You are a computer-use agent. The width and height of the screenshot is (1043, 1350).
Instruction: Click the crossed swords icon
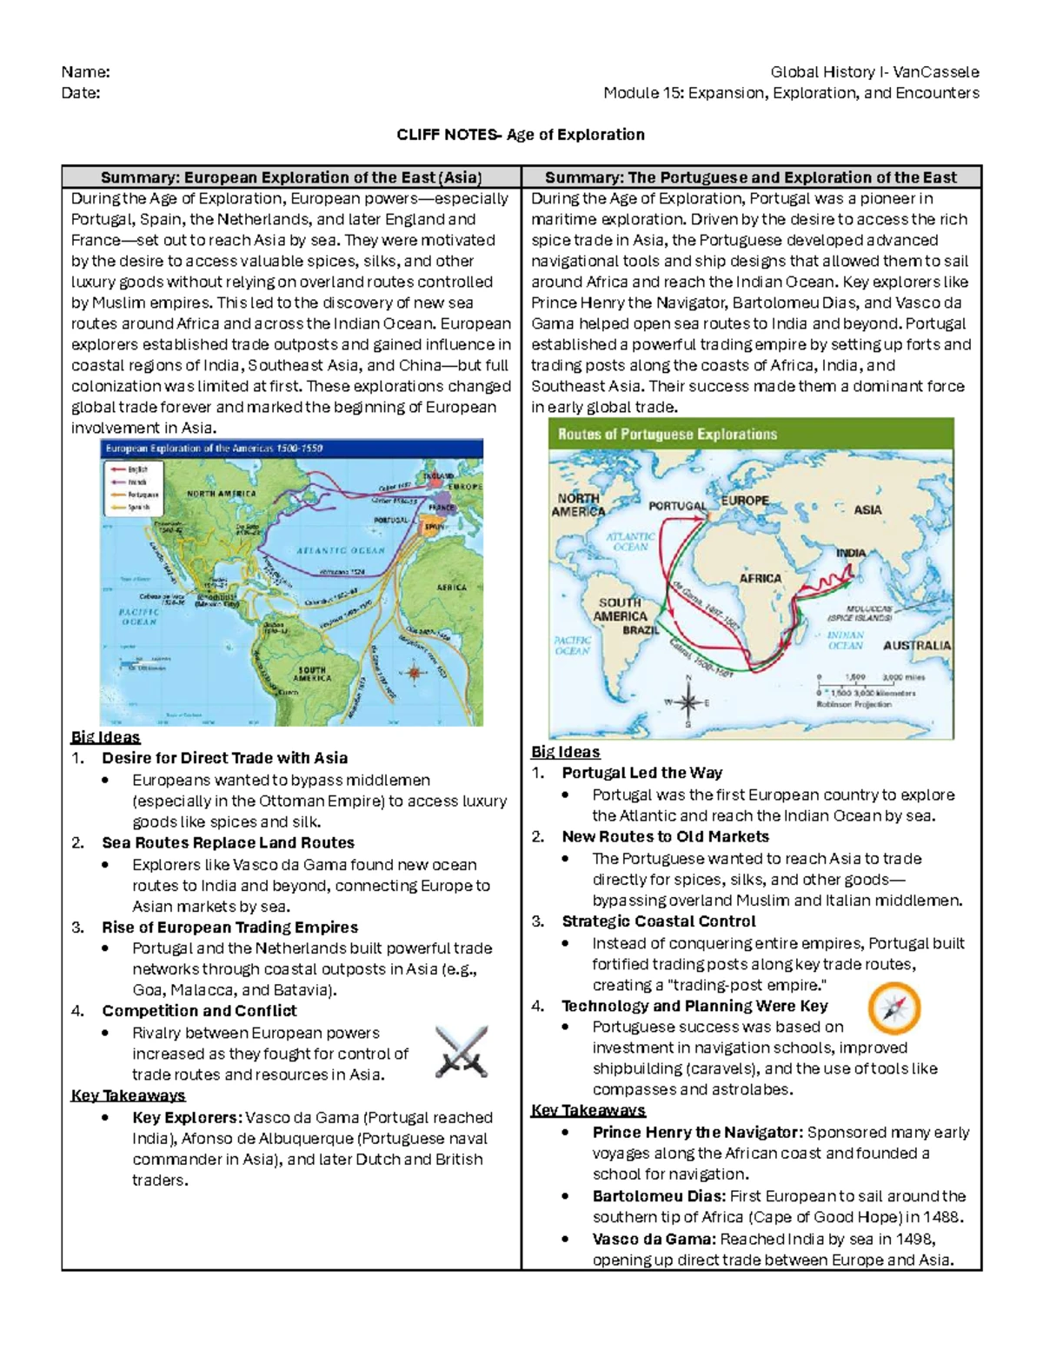[x=462, y=1051]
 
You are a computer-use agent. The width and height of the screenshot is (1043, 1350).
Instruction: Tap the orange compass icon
[x=894, y=1008]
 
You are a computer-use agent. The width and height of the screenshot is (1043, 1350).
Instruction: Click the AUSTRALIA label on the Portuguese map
[x=917, y=646]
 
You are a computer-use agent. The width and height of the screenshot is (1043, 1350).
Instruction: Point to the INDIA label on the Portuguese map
[x=851, y=553]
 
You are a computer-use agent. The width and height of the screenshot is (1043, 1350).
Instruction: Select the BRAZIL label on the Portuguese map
[x=640, y=630]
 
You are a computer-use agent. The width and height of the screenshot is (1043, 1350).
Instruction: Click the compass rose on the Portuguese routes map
[x=688, y=702]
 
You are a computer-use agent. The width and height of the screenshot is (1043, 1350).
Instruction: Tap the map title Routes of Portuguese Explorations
[x=667, y=434]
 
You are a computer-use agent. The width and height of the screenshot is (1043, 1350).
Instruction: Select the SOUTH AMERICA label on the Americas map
[x=311, y=674]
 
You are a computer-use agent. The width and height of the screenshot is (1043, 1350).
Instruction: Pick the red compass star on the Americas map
[x=414, y=672]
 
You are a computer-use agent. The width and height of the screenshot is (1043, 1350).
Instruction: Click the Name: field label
[x=85, y=72]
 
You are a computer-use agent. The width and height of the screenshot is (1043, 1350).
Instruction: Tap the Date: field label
[x=81, y=93]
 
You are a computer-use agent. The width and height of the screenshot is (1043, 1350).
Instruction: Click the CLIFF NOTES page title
[x=521, y=135]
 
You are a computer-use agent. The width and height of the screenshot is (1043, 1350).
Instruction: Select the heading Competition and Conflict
[x=199, y=1011]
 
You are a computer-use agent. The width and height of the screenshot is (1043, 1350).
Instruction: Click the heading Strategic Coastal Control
[x=658, y=921]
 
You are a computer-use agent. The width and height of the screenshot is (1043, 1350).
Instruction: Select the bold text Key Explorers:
[x=187, y=1118]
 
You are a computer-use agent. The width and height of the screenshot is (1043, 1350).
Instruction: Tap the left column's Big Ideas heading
[x=105, y=737]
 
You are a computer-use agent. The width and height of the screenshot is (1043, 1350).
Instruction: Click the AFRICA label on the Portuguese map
[x=760, y=578]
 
